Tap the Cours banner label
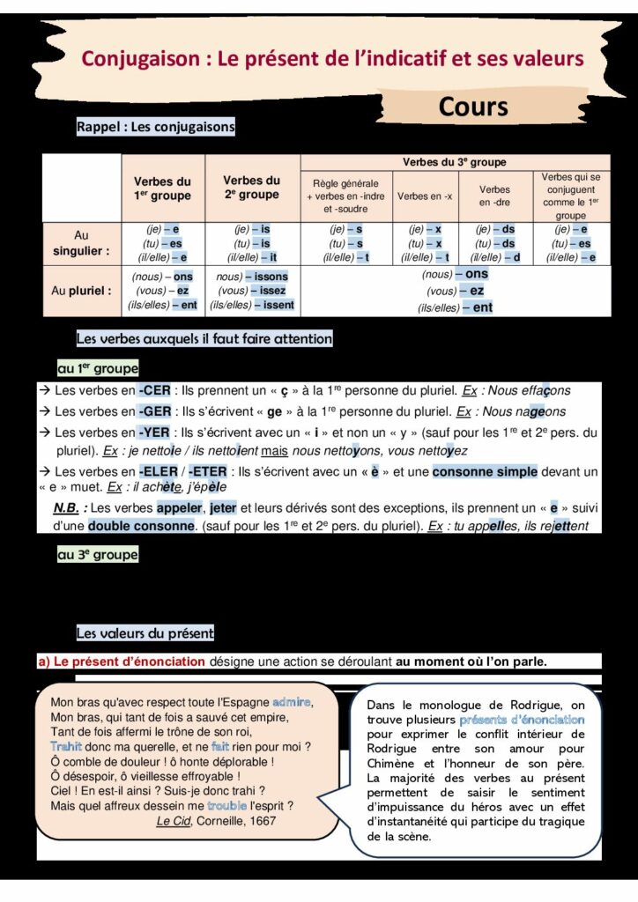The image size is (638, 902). [473, 107]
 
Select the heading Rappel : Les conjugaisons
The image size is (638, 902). [156, 127]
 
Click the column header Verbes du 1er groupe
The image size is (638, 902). [162, 189]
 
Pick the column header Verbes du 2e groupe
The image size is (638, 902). [251, 188]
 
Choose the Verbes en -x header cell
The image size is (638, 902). [425, 196]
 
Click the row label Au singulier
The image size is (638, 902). [82, 243]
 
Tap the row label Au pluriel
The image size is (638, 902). [82, 291]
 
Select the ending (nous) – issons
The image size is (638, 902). [252, 276]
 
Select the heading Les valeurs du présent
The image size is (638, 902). [145, 633]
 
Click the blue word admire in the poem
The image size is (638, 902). [293, 702]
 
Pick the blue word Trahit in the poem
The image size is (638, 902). [66, 746]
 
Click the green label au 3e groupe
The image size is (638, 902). [98, 555]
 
